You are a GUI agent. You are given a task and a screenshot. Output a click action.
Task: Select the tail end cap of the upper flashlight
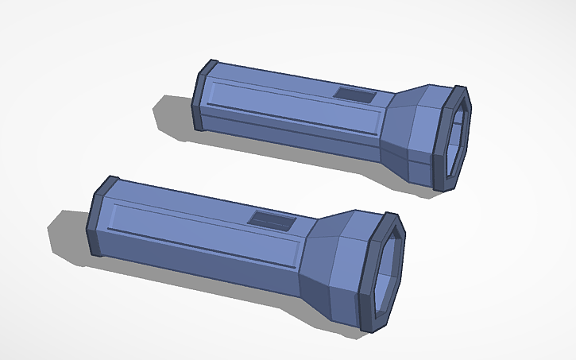(x=203, y=96)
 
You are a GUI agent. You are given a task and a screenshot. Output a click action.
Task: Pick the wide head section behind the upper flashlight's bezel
(x=421, y=135)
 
